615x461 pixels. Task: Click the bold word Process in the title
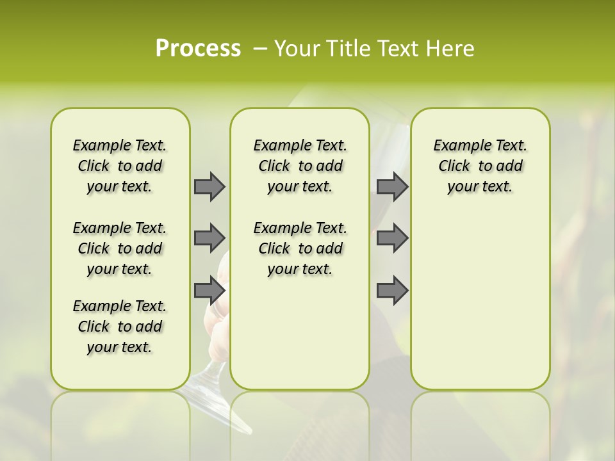(198, 48)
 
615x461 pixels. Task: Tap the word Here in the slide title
(452, 48)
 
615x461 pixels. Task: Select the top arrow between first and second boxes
(209, 186)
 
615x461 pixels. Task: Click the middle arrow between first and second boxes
(209, 238)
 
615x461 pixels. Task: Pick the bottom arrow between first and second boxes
(209, 289)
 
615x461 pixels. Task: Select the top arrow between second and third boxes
(392, 186)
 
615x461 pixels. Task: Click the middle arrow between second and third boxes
(392, 238)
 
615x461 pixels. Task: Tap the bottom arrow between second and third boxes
(392, 290)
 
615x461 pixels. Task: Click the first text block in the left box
(120, 166)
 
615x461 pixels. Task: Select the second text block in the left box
(120, 248)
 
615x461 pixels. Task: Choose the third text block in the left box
(120, 327)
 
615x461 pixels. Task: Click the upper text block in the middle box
(300, 166)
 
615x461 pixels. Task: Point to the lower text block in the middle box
(300, 248)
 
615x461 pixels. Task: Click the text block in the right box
(480, 166)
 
